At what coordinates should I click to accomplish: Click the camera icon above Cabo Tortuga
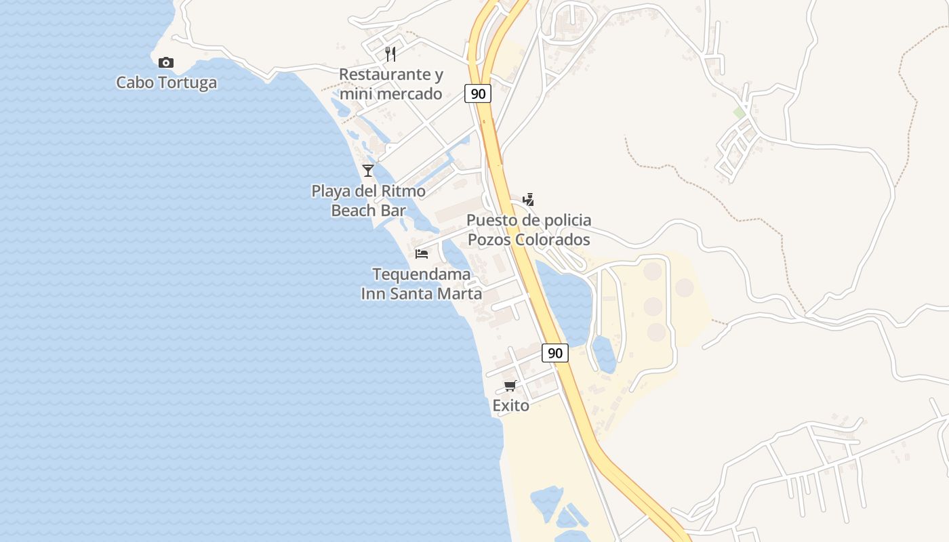[166, 63]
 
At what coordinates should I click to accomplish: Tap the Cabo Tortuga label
[167, 83]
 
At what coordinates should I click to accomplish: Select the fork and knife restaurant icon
[390, 54]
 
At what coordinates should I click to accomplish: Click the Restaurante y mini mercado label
[391, 84]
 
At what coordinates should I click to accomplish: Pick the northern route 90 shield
[478, 93]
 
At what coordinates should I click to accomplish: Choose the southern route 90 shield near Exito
[555, 352]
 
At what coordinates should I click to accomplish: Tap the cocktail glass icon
[368, 170]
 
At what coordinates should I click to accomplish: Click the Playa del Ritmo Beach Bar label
[369, 201]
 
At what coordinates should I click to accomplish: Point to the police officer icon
[529, 199]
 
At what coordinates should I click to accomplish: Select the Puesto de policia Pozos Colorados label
[529, 230]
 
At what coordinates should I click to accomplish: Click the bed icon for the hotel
[422, 254]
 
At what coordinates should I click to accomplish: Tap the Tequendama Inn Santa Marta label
[422, 284]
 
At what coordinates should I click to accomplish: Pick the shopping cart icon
[510, 385]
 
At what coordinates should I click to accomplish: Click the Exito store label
[510, 405]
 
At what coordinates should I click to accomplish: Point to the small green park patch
[740, 112]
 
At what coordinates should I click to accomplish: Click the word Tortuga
[186, 83]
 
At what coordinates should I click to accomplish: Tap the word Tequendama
[422, 274]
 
